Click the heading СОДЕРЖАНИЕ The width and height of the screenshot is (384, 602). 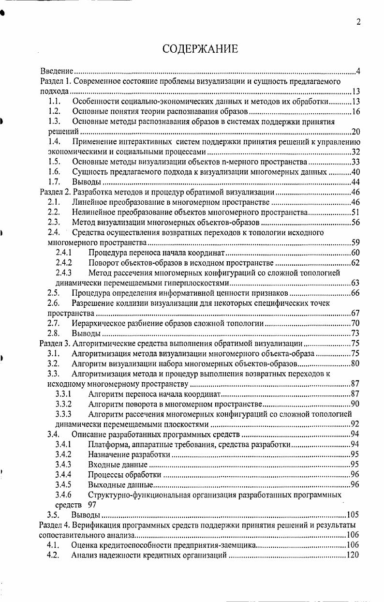tap(200, 49)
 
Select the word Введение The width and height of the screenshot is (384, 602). tap(56, 72)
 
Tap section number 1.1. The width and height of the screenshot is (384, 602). tap(54, 102)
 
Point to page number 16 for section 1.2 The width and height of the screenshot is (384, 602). tap(356, 112)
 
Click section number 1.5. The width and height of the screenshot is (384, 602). tap(54, 162)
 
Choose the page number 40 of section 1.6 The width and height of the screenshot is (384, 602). tap(356, 172)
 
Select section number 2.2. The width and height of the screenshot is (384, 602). tap(54, 212)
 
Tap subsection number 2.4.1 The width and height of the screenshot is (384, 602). tap(64, 253)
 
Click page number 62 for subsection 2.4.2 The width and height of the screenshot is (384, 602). tap(356, 263)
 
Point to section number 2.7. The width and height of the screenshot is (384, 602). tap(54, 323)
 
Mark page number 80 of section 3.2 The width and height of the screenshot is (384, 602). tap(356, 363)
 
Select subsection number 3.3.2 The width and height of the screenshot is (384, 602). tap(64, 404)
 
